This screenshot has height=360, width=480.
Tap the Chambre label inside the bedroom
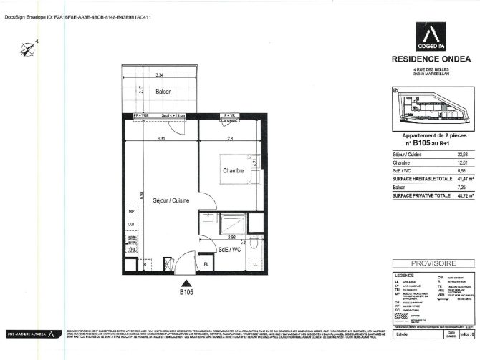point(233,170)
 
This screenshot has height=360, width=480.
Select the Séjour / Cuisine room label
point(171,201)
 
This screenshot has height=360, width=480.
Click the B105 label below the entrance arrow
point(187,291)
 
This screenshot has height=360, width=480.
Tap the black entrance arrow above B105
point(187,281)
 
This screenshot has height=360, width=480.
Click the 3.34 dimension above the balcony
point(162,75)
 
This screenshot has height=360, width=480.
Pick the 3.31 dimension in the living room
point(162,138)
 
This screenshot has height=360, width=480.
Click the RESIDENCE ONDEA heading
point(430,59)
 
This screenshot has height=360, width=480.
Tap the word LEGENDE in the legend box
point(404,274)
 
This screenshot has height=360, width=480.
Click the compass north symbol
point(29,48)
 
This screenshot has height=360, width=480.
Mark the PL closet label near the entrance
point(206,263)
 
